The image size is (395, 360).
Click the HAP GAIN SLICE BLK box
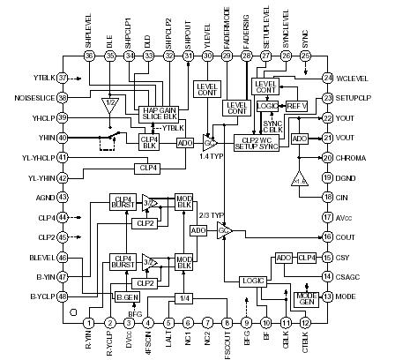[159, 115]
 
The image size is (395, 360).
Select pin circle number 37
[63, 77]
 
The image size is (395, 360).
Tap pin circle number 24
[328, 78]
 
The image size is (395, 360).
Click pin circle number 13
[328, 298]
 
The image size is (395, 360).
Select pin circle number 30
[208, 55]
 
